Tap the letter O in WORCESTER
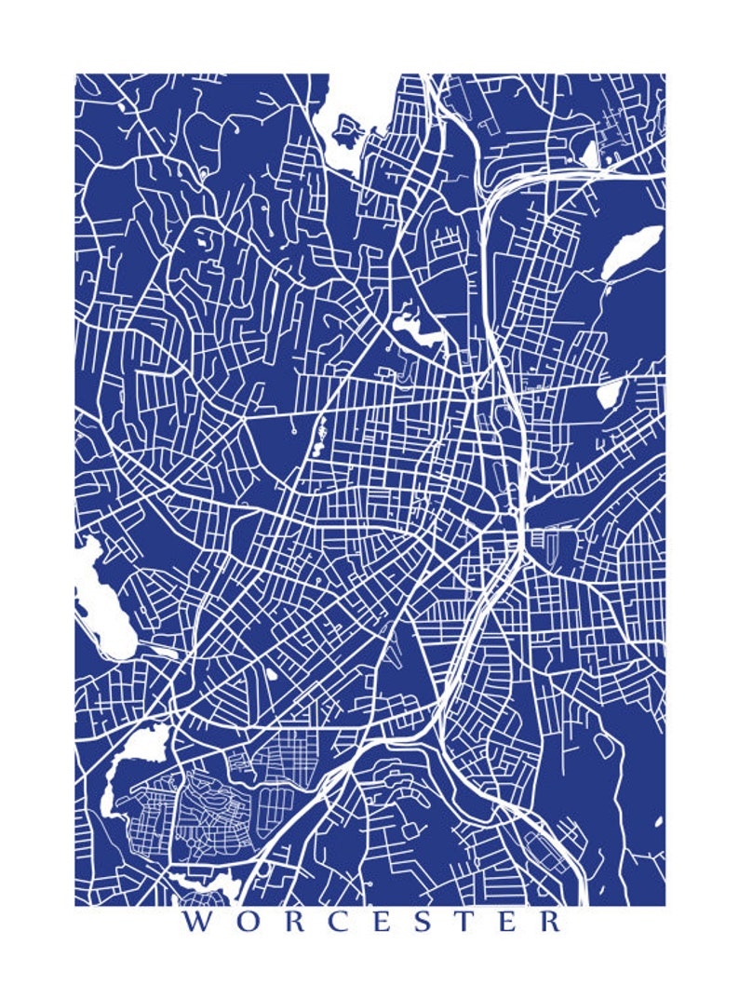249,923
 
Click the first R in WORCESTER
297,923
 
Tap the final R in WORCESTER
551,923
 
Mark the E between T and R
509,923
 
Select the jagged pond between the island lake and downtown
410,326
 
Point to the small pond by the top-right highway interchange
589,152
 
